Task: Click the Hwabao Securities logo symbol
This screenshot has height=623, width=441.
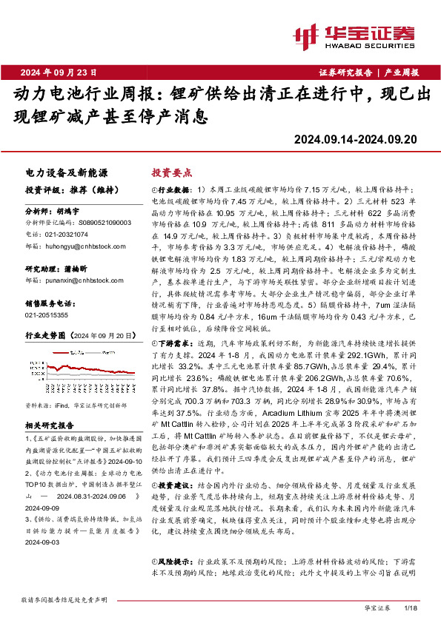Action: pyautogui.click(x=305, y=34)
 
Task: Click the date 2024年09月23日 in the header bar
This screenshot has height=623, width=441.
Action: pyautogui.click(x=59, y=72)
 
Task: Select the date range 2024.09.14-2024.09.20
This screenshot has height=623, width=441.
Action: pyautogui.click(x=355, y=139)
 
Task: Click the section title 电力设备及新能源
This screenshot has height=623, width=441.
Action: pyautogui.click(x=56, y=171)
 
